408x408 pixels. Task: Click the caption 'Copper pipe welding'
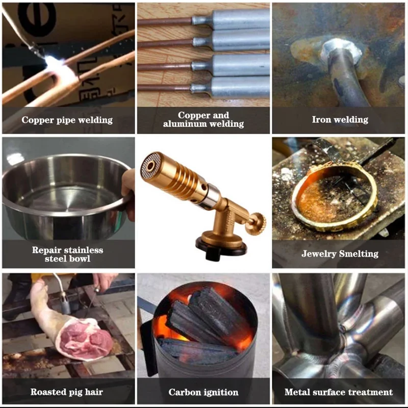(67, 120)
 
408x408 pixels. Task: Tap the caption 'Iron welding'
(340, 119)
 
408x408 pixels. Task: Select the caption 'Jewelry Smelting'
(340, 253)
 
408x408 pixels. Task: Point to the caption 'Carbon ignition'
(203, 392)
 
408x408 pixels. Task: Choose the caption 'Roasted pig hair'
(67, 392)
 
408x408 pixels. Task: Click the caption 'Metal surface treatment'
(339, 392)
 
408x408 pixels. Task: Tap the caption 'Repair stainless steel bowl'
(68, 254)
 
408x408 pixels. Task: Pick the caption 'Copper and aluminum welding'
(203, 119)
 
